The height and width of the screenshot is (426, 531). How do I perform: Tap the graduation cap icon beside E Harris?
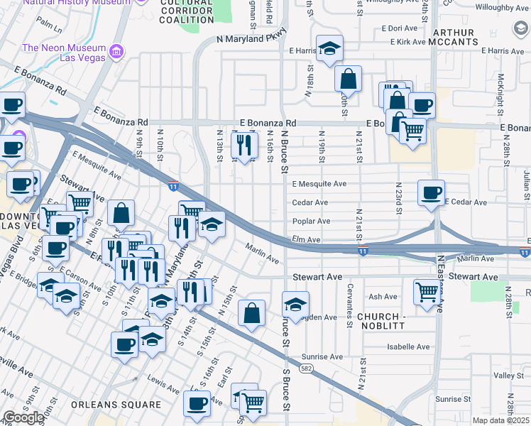329,49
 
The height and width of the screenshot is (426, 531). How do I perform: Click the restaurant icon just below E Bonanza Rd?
243,145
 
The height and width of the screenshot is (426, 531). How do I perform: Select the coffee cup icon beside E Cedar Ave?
431,192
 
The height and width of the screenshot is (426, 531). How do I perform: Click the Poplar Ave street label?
311,222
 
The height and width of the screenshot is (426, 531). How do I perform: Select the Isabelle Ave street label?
408,347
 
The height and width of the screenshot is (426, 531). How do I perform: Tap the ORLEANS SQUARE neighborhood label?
116,404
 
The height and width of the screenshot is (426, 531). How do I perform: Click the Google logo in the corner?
23,417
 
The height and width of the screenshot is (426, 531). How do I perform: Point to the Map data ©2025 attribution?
500,420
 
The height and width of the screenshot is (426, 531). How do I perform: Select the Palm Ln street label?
50,26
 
